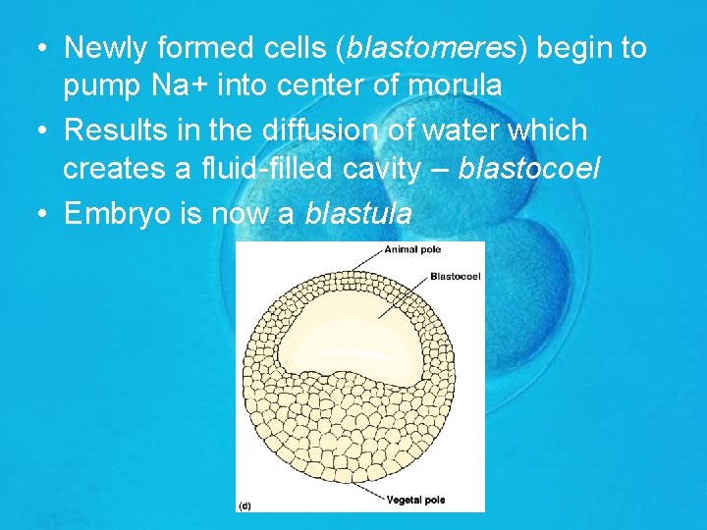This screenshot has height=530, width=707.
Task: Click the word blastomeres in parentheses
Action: (x=425, y=48)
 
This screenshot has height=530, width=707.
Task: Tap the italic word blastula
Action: (x=358, y=213)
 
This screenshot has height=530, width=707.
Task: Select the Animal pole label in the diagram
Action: (x=413, y=250)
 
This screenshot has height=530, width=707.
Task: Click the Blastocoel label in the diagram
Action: (x=455, y=276)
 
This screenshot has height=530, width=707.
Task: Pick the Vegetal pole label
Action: (x=416, y=500)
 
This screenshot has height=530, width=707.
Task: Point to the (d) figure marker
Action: (x=245, y=504)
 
